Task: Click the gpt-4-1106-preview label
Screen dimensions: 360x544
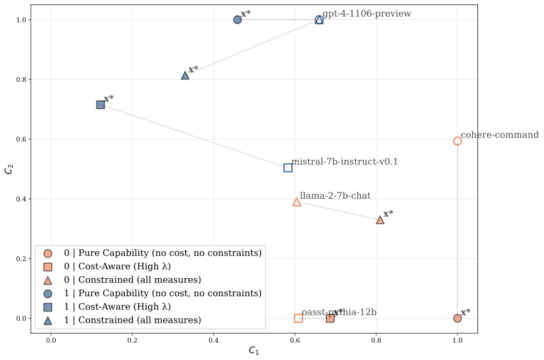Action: (366, 13)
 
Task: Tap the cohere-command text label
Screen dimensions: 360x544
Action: (499, 135)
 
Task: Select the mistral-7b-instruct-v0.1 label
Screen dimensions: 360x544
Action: (344, 162)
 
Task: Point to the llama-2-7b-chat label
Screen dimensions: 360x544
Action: (335, 196)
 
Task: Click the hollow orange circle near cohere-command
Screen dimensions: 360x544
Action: (457, 141)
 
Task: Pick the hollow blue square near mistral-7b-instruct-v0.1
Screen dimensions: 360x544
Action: (288, 168)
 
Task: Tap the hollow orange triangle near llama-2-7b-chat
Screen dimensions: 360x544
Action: (297, 202)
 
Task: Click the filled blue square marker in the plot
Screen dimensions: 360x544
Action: (100, 104)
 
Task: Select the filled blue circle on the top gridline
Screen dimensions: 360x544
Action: (237, 20)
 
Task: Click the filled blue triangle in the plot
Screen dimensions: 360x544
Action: (186, 75)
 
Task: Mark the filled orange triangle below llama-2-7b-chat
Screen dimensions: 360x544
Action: (380, 220)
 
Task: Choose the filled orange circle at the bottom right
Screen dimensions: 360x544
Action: (457, 318)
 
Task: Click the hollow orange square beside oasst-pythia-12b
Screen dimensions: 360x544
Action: (298, 318)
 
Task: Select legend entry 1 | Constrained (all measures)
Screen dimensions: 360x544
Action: (132, 320)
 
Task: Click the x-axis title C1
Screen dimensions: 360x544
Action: (253, 350)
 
